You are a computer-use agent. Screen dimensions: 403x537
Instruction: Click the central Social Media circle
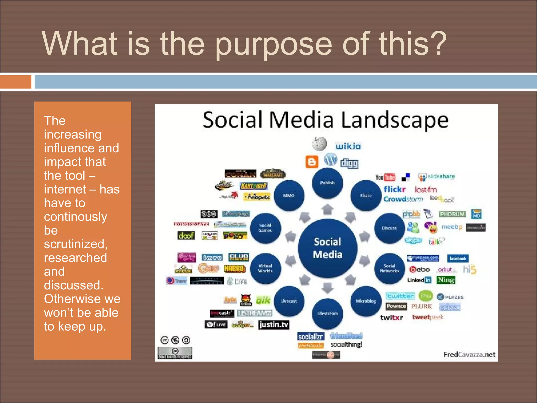click(327, 248)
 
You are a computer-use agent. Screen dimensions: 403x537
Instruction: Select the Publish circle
click(327, 183)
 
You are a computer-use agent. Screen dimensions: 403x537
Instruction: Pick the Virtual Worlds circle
click(265, 268)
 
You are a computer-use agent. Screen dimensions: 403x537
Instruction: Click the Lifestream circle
click(327, 313)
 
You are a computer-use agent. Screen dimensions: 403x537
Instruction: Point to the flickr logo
click(394, 189)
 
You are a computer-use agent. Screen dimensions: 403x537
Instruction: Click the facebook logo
click(458, 258)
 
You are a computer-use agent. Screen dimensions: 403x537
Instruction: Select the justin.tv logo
click(273, 325)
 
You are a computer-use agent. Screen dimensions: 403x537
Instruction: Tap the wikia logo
click(348, 146)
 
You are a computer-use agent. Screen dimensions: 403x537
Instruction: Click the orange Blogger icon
click(312, 162)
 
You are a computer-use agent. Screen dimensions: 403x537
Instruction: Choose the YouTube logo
click(385, 177)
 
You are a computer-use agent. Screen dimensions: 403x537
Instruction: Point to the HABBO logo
click(234, 269)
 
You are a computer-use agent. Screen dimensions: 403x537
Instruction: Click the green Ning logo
click(446, 280)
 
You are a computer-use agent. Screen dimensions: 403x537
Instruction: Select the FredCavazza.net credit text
click(469, 355)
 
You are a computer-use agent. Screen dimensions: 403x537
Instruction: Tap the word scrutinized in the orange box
click(76, 244)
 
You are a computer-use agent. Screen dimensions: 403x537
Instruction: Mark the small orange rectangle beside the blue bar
click(15, 82)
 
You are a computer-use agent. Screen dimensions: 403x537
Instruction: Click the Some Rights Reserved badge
click(175, 353)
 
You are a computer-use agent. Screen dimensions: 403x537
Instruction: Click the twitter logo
click(400, 296)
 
